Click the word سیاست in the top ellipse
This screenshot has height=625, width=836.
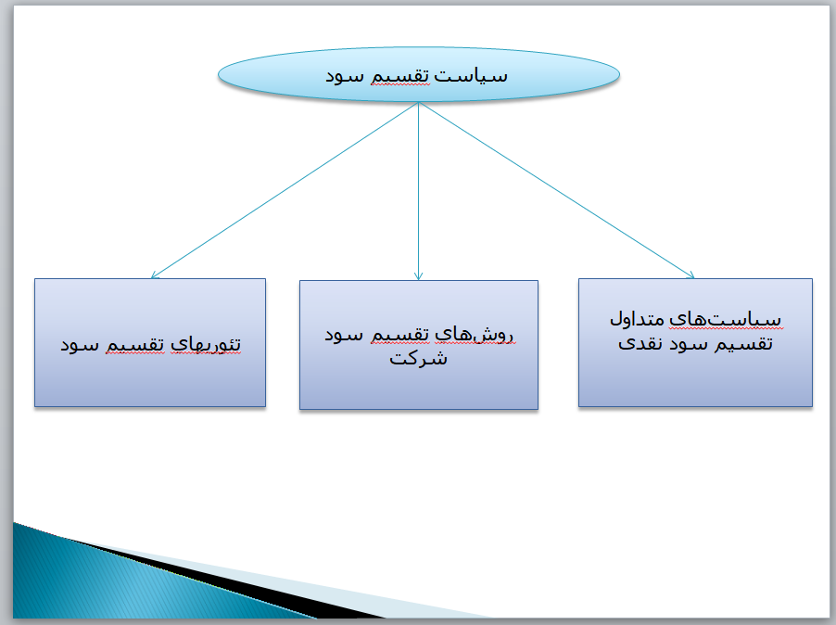pyautogui.click(x=471, y=76)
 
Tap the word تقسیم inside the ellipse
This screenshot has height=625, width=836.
pyautogui.click(x=399, y=76)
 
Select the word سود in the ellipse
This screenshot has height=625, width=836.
pyautogui.click(x=345, y=76)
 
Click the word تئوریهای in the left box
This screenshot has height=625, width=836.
pyautogui.click(x=206, y=345)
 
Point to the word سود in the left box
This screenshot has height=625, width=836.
pyautogui.click(x=80, y=345)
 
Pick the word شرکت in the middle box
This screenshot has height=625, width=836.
pyautogui.click(x=419, y=358)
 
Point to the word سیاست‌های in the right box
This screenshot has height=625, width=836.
pyautogui.click(x=725, y=319)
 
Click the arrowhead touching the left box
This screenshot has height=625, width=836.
pyautogui.click(x=155, y=275)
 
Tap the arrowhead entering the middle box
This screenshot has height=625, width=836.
pyautogui.click(x=419, y=276)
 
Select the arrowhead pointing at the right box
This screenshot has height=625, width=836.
pyautogui.click(x=690, y=275)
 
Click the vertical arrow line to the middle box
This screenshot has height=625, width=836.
pyautogui.click(x=419, y=191)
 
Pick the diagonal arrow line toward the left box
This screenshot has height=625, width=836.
pyautogui.click(x=285, y=190)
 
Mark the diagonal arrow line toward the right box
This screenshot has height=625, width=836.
pyautogui.click(x=557, y=190)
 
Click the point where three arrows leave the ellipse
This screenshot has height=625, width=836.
pyautogui.click(x=419, y=102)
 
